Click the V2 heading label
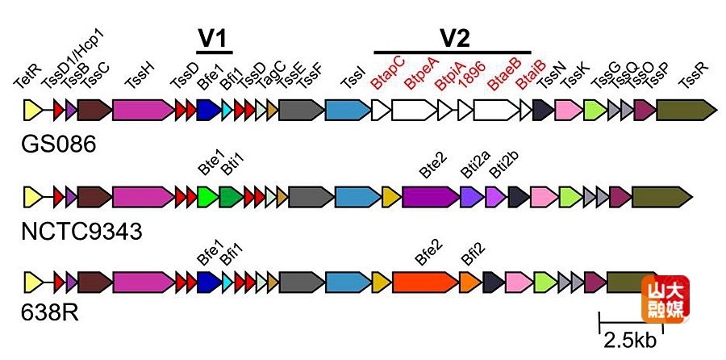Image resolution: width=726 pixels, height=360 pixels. click(453, 37)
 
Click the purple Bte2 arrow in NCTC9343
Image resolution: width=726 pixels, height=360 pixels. click(430, 195)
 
